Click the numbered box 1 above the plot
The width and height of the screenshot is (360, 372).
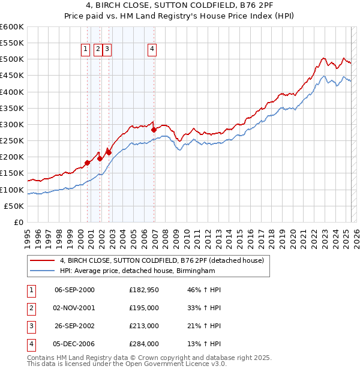[x=85, y=49]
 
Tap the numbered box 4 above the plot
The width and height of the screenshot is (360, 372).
[x=152, y=49]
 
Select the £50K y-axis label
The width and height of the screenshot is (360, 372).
[x=14, y=206]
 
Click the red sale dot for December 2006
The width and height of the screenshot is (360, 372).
[x=154, y=130]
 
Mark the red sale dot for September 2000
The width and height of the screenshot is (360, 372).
[x=88, y=163]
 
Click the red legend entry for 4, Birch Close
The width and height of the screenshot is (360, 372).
[x=162, y=260]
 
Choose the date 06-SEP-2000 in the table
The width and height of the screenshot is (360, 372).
[x=74, y=290]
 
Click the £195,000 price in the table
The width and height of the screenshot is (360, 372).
[x=144, y=308]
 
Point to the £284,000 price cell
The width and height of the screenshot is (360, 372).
[x=144, y=344]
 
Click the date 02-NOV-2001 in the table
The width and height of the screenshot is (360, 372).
[x=74, y=308]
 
